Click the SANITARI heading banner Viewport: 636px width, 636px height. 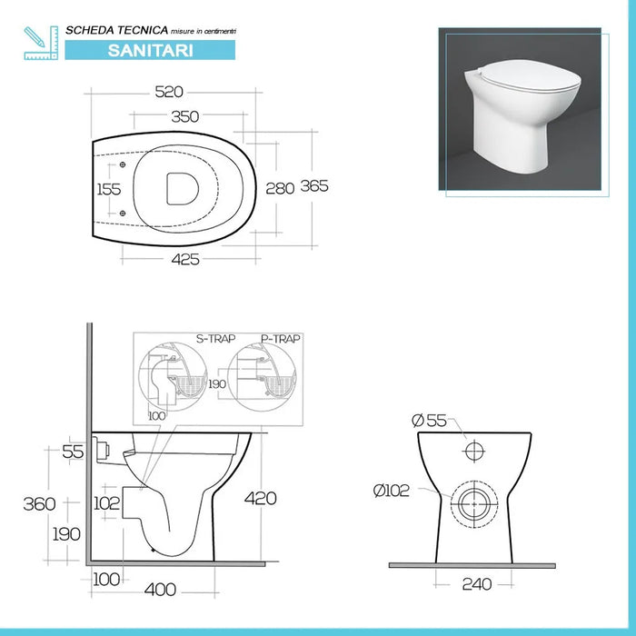(150, 50)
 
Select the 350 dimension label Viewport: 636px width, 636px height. (184, 116)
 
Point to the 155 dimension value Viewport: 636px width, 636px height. (110, 189)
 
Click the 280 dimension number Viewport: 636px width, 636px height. (280, 188)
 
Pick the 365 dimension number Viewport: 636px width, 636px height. (313, 185)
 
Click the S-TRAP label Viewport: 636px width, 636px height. (215, 338)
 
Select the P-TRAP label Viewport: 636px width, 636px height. (280, 338)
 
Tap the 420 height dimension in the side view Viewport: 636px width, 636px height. (260, 498)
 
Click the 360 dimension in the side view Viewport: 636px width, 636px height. (38, 503)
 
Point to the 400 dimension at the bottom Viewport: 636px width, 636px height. (160, 590)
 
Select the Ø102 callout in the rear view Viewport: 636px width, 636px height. (392, 491)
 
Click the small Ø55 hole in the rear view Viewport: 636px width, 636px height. (475, 452)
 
